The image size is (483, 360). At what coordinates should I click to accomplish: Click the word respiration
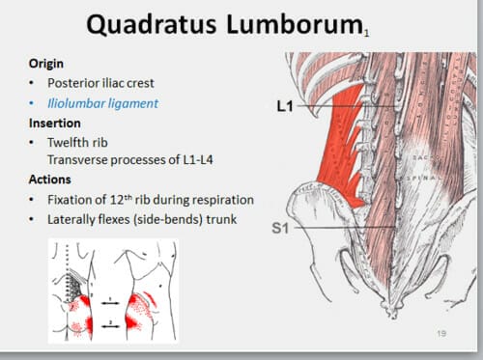(220, 200)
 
